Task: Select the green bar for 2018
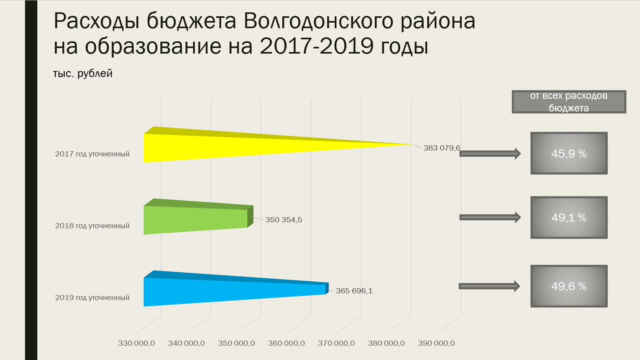198,217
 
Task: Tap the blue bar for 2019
236,289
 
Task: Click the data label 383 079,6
442,148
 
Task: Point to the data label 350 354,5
284,220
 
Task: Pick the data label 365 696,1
354,291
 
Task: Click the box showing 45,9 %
569,153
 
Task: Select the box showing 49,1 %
569,218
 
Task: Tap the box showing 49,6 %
569,286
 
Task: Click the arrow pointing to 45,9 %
490,154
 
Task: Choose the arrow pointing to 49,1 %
490,218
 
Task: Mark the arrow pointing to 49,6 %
489,286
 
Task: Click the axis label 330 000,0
136,343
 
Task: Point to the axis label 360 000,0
286,343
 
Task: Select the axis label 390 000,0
436,343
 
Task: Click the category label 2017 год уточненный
92,154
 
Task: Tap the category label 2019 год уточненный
92,298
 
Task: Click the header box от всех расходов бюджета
569,102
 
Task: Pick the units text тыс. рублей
83,73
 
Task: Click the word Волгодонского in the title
318,21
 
